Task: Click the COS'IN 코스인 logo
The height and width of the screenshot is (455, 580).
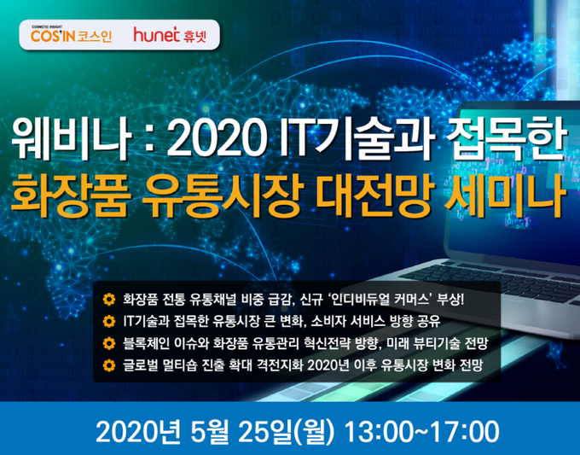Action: [71, 34]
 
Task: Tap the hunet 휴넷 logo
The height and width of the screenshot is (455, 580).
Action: [170, 35]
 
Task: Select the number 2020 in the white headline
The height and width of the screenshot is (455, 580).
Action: [217, 138]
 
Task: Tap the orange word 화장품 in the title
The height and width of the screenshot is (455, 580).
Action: [70, 195]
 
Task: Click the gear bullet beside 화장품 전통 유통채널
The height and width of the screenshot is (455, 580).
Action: [109, 299]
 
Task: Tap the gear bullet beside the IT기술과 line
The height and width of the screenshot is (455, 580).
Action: [109, 321]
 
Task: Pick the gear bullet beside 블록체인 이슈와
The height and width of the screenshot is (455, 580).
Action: [109, 343]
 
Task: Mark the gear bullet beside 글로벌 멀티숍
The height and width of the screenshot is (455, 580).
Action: [109, 365]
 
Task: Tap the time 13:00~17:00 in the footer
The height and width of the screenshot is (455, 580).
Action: [421, 432]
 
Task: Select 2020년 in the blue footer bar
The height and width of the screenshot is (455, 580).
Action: [138, 432]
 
